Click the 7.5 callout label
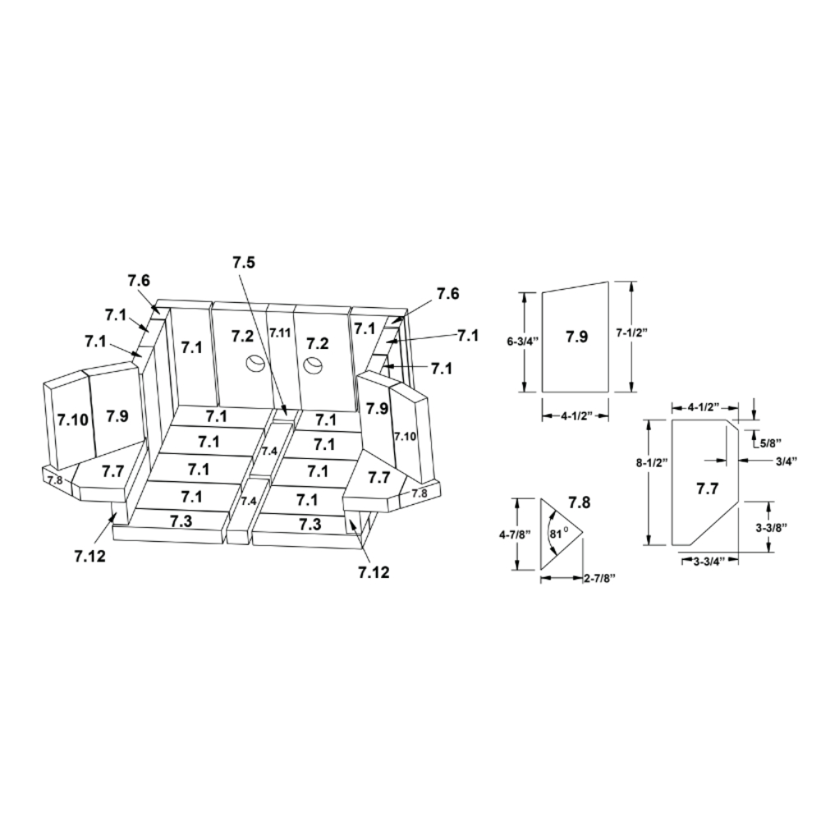point(244,264)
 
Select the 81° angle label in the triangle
point(558,534)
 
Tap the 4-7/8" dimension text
point(514,534)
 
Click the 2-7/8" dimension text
point(599,577)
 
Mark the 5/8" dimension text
point(771,443)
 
